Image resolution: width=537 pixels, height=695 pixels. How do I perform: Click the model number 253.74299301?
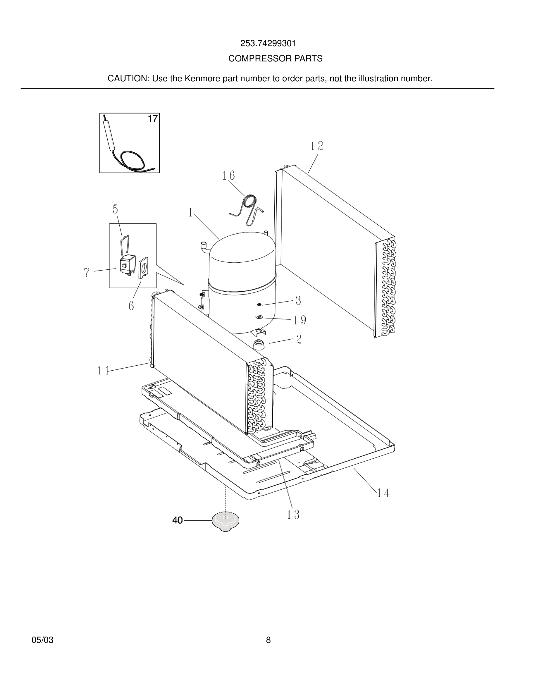(268, 43)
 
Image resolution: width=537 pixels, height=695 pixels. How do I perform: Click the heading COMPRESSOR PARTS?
(275, 59)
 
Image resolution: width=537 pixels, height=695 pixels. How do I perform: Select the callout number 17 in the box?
(152, 119)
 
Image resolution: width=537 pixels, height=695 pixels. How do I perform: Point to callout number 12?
(316, 146)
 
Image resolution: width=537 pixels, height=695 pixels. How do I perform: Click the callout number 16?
(228, 176)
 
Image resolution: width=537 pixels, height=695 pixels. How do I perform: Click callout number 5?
(115, 209)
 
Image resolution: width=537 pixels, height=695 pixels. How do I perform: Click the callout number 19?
(300, 320)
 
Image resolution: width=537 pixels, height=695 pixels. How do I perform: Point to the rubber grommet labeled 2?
(258, 345)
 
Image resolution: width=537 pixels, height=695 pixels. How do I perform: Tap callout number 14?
(383, 493)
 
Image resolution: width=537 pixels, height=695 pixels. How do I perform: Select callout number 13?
(293, 515)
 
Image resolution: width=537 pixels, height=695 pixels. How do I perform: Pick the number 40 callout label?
(177, 520)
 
